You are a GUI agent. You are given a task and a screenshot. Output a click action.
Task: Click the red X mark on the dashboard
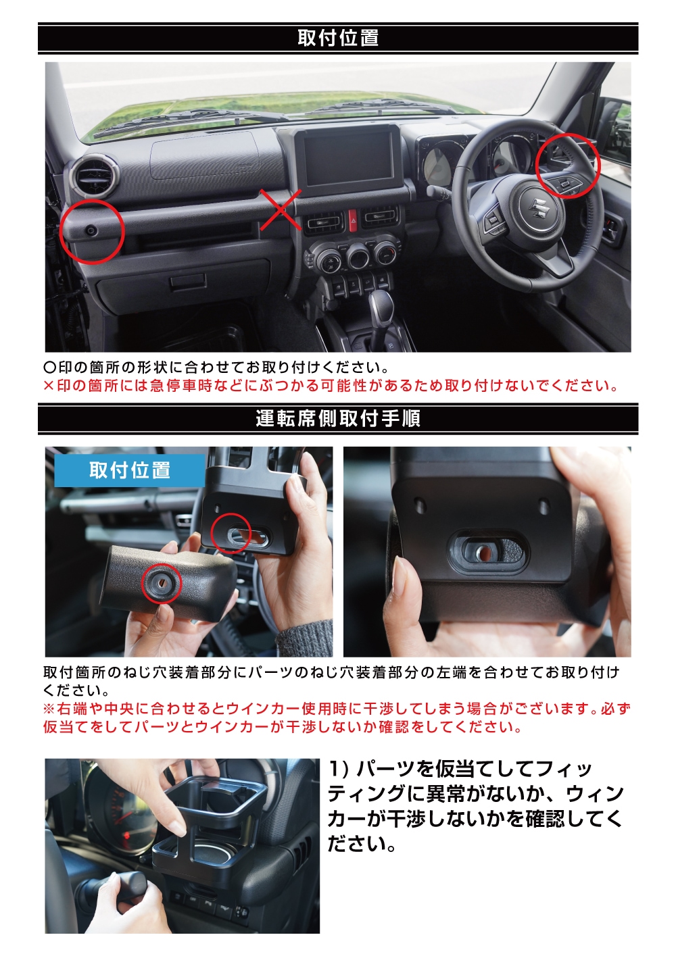tap(281, 209)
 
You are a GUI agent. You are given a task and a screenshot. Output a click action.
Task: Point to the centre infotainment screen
tap(349, 159)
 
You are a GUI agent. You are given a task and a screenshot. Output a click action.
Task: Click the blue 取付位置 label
tap(130, 470)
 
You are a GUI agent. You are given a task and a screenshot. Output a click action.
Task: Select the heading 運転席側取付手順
tap(338, 418)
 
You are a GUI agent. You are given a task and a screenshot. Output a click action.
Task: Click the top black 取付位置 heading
tap(338, 38)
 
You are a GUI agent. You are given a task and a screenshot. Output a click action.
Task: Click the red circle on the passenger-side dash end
tap(91, 231)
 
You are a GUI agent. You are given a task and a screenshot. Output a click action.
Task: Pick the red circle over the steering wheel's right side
tap(568, 166)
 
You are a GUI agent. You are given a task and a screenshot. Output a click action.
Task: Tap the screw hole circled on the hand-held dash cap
tap(162, 584)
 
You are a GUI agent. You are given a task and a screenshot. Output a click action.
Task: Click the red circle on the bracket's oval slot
tap(231, 533)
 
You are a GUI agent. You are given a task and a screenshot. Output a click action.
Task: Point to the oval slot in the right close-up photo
tap(487, 553)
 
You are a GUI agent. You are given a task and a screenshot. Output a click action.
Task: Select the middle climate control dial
tap(357, 255)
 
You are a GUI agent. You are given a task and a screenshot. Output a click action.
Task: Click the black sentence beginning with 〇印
tap(216, 367)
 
